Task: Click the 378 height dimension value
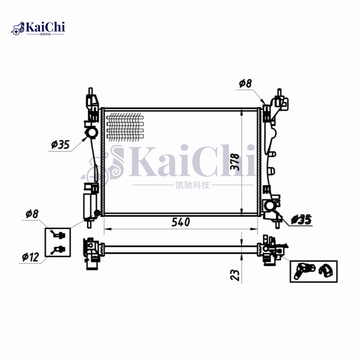point(235,161)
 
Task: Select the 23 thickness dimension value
point(235,274)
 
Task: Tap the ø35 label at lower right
point(301,220)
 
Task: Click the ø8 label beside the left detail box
point(32,213)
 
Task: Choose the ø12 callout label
point(30,257)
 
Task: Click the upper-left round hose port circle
point(92,133)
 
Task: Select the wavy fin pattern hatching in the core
point(125,126)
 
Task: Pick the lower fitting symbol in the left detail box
point(58,250)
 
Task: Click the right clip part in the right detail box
point(325,270)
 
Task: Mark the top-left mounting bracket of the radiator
point(93,106)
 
